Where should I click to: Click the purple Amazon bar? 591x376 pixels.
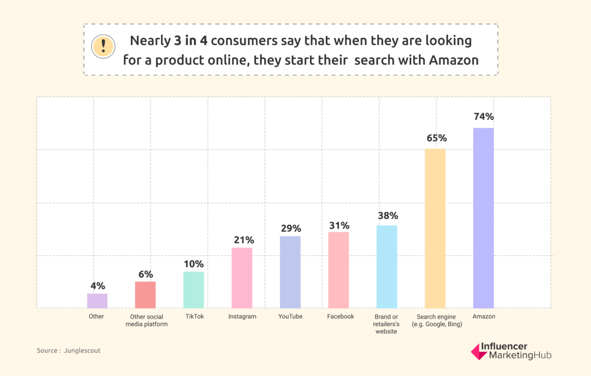tap(483, 218)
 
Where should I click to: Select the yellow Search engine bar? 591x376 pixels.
tap(435, 228)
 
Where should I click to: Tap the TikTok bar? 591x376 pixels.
tap(194, 290)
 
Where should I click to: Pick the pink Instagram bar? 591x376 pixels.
tap(242, 278)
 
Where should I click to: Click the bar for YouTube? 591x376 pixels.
tap(290, 272)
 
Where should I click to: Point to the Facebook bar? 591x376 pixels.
tap(338, 270)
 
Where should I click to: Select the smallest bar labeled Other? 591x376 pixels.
tap(97, 301)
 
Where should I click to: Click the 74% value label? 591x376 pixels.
tap(484, 116)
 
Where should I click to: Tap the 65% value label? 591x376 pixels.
tap(436, 138)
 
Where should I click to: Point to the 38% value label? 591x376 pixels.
tap(388, 216)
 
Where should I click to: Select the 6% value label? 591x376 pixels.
tap(145, 274)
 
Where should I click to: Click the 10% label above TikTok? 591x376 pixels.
tap(194, 264)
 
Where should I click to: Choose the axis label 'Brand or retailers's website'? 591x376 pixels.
tap(386, 324)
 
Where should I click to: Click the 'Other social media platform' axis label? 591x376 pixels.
tap(147, 320)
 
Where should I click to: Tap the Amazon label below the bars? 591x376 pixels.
tap(484, 316)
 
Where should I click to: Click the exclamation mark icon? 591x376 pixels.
tap(103, 47)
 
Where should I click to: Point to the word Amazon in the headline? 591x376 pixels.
tap(454, 60)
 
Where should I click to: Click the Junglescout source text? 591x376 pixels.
tap(82, 351)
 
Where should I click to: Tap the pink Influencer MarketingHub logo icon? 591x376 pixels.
tap(478, 352)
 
